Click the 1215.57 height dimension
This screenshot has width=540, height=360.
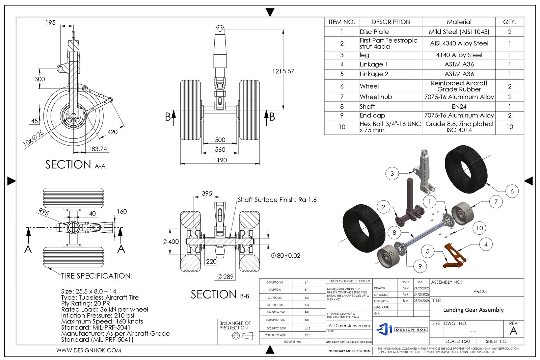point(283,71)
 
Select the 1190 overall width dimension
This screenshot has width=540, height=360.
point(220,160)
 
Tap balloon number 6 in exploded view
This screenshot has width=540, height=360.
point(512,191)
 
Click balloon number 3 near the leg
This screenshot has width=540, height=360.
point(392,174)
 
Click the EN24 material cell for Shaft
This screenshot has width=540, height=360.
point(459,106)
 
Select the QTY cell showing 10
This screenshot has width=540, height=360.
point(509,127)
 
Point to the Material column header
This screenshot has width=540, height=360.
point(459,22)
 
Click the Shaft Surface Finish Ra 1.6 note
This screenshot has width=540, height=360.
point(277,200)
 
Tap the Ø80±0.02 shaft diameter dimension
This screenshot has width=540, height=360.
point(285,256)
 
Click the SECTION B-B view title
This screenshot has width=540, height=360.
point(220,294)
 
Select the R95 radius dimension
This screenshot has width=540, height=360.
point(44,212)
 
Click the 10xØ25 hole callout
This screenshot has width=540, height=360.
point(33,138)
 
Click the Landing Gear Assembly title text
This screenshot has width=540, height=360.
point(473,310)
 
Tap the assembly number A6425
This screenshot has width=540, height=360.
point(480,291)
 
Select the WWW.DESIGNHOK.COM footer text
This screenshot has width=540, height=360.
point(88,350)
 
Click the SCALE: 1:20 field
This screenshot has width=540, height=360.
point(457,341)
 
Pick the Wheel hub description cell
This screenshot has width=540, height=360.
point(376,97)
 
